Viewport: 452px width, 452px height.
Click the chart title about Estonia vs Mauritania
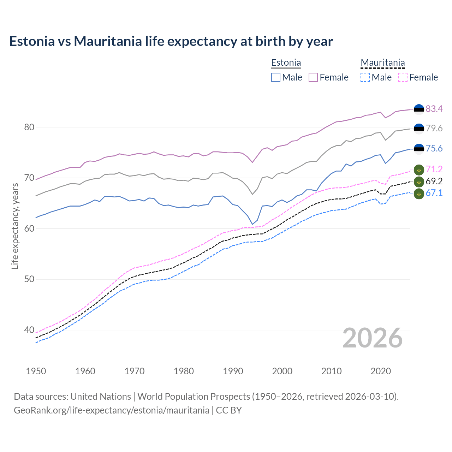(x=171, y=41)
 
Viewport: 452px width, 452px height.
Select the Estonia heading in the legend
(x=286, y=63)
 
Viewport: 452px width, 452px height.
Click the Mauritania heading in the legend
(x=382, y=63)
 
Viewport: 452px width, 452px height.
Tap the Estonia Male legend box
(x=276, y=77)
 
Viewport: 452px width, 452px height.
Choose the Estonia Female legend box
(x=313, y=77)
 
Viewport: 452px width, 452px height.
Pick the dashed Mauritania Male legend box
(x=365, y=77)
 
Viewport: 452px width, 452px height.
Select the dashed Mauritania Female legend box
(x=403, y=77)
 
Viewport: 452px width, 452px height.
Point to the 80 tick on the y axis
(x=29, y=127)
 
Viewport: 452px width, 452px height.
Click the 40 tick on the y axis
(x=29, y=330)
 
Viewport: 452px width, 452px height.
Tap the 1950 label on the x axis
(x=36, y=371)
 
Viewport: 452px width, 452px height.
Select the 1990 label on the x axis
(x=233, y=371)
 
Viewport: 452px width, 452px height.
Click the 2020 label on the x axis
(x=381, y=371)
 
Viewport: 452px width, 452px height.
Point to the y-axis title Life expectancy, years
(x=15, y=226)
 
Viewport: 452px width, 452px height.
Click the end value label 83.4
(x=434, y=109)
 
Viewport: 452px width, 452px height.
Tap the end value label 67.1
(x=434, y=193)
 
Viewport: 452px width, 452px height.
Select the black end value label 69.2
(x=434, y=181)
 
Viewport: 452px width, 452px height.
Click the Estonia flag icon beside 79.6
(x=419, y=129)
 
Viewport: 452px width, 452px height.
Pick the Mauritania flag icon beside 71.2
(x=419, y=170)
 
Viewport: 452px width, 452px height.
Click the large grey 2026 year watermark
(x=372, y=338)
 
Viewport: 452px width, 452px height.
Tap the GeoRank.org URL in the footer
(x=111, y=410)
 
